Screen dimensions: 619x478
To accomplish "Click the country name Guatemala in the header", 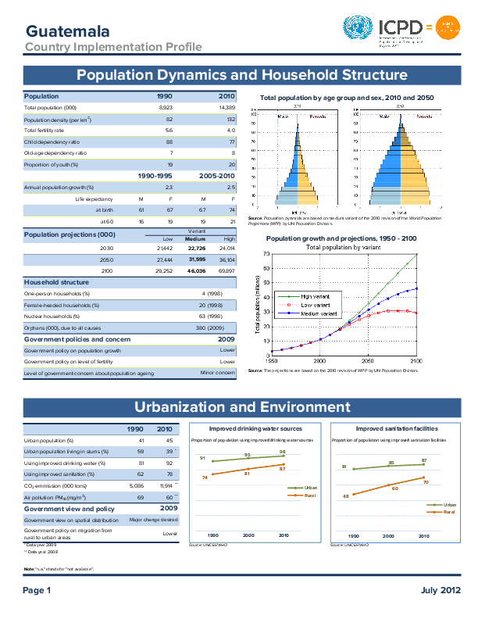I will (x=66, y=31).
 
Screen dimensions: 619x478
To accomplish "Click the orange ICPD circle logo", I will (x=447, y=29).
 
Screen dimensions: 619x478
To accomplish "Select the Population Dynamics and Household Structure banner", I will (x=241, y=75).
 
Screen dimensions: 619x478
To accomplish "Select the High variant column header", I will (x=229, y=238).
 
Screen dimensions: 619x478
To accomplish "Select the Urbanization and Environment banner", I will (x=241, y=407).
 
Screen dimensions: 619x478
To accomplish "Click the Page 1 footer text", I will (x=36, y=589).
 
